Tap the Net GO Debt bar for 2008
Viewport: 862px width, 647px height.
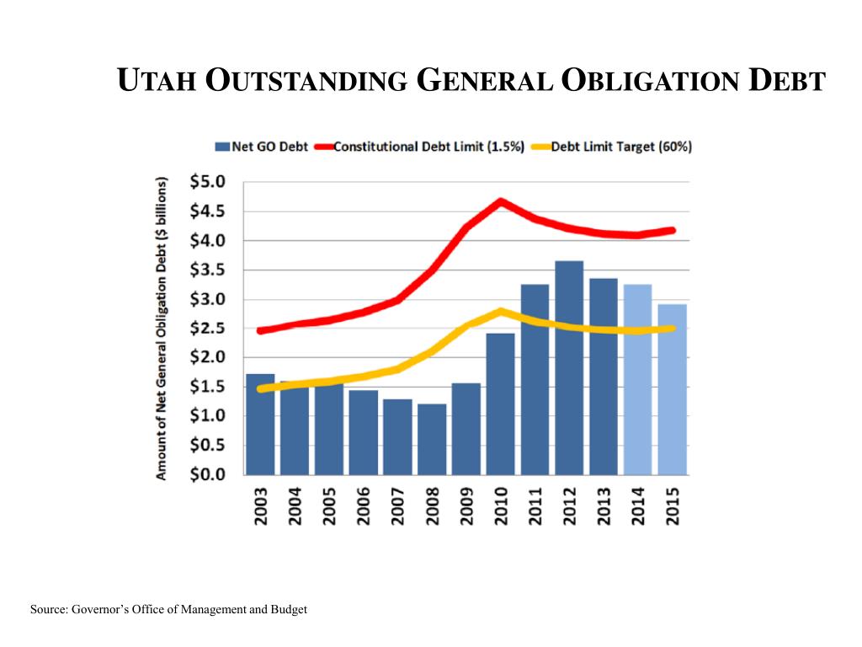tap(432, 439)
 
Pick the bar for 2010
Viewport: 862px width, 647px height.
tap(501, 404)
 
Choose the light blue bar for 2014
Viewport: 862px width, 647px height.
tap(638, 379)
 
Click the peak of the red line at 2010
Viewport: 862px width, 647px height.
tap(501, 202)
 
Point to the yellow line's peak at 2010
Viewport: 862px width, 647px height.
tap(501, 312)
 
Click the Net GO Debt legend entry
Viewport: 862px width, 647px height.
tap(262, 147)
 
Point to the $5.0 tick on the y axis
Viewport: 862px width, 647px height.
tap(209, 182)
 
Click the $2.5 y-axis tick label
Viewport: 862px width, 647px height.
tap(209, 329)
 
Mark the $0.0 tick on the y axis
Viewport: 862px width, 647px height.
tap(209, 474)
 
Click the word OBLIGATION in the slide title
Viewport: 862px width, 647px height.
tap(652, 81)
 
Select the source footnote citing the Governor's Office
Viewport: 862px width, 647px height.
tap(168, 609)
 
